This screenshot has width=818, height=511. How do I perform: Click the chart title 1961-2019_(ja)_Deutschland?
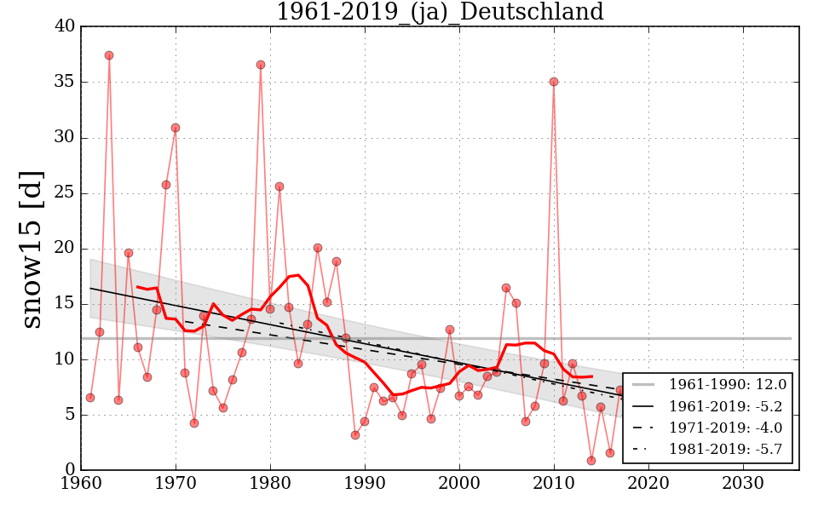(x=440, y=13)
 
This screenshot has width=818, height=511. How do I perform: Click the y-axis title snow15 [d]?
(x=32, y=248)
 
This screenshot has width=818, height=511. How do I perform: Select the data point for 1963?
(x=109, y=55)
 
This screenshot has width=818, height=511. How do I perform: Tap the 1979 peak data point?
(x=261, y=65)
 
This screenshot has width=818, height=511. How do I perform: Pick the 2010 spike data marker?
(x=554, y=82)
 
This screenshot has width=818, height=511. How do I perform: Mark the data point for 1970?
(x=176, y=128)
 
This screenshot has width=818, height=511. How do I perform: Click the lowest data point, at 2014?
(x=591, y=461)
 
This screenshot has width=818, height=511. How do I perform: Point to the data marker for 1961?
(x=90, y=398)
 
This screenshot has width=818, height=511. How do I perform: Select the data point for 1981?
(x=279, y=187)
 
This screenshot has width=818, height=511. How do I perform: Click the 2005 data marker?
(x=506, y=288)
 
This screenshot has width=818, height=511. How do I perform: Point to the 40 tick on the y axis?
(x=65, y=26)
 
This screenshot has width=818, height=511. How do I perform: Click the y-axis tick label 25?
(x=65, y=193)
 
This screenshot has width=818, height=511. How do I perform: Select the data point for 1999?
(x=450, y=330)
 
